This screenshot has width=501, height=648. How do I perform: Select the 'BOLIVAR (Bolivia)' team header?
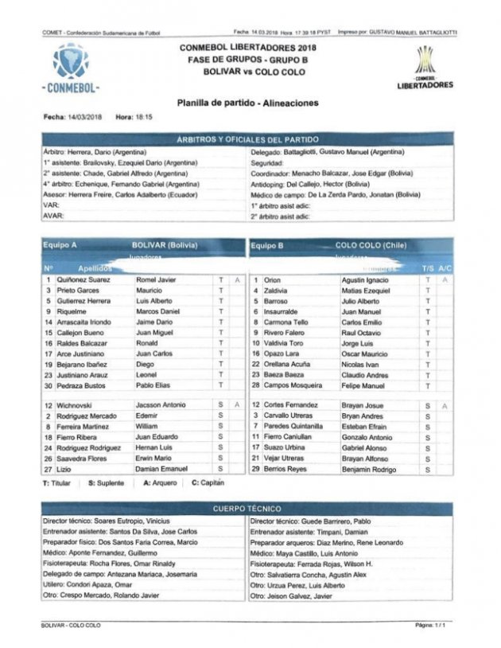pos(165,245)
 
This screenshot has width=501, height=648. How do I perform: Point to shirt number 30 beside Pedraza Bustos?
pos(49,385)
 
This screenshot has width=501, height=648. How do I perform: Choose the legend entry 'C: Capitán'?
pos(208,482)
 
